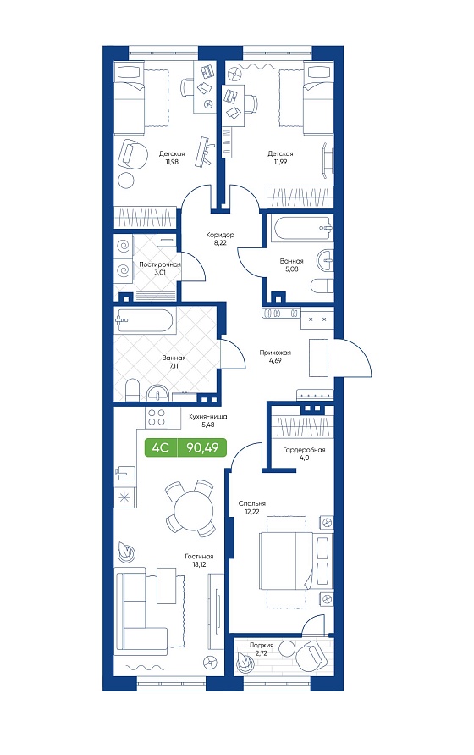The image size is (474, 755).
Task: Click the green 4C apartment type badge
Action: coord(161,447)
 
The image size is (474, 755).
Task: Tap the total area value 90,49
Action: coord(202,447)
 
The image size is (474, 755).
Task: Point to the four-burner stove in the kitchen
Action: coord(157,417)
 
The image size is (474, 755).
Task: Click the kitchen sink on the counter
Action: coord(125,472)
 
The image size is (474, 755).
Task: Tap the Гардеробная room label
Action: coord(304,450)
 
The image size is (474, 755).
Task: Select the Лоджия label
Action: coord(261,645)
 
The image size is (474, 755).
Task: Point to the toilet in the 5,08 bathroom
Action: coord(322,286)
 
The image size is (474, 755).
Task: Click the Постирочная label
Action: coord(160,264)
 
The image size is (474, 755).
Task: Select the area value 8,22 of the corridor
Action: coord(220,242)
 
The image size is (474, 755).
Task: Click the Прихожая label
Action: coord(275,353)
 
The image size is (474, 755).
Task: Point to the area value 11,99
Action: coord(280,162)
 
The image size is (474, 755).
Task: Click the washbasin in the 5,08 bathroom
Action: coord(325,260)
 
